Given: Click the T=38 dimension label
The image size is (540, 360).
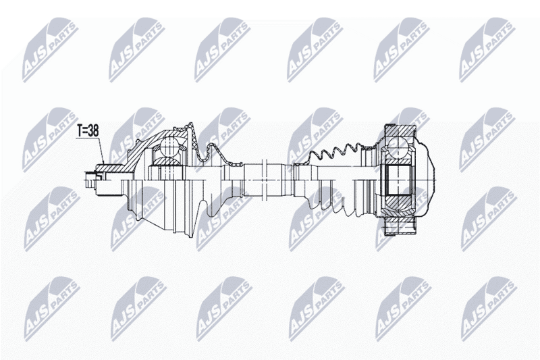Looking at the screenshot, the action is coord(88,131).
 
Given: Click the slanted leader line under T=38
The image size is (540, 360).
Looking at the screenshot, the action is coord(101,151).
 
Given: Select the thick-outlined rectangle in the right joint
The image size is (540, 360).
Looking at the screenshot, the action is coord(398,179).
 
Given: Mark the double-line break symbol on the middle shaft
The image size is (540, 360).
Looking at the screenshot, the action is coord(265,179).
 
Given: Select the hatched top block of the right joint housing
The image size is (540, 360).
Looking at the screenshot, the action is coord(399,130).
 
